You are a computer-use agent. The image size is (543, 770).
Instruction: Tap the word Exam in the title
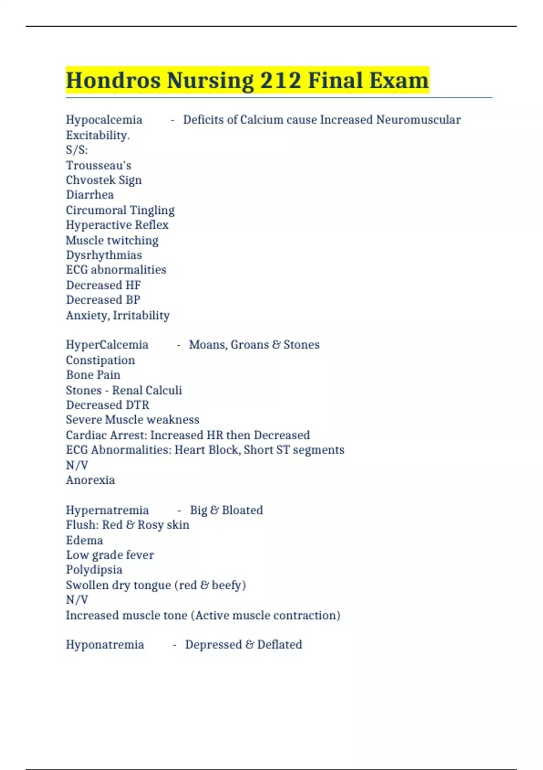[x=399, y=81]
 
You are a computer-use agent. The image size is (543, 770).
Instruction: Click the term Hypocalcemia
[x=104, y=120]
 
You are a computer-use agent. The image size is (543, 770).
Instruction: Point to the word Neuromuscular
[x=418, y=120]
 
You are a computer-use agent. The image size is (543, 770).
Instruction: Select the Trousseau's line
[x=99, y=165]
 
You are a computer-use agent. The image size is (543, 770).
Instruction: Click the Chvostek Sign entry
[x=104, y=180]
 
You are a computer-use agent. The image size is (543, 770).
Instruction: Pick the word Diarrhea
[x=90, y=195]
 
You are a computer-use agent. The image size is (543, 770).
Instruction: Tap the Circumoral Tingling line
[x=120, y=210]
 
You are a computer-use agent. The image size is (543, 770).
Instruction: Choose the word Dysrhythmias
[x=104, y=255]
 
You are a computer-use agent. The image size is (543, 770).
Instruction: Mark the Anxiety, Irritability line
[x=118, y=315]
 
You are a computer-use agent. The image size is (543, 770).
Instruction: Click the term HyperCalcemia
[x=107, y=345]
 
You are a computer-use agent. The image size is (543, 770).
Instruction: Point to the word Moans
[x=206, y=345]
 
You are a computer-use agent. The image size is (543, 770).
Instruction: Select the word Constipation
[x=100, y=360]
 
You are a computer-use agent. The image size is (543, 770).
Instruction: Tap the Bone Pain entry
[x=93, y=375]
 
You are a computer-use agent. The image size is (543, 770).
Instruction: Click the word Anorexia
[x=90, y=480]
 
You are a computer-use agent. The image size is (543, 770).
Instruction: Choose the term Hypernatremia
[x=107, y=510]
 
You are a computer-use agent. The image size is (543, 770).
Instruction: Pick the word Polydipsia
[x=94, y=570]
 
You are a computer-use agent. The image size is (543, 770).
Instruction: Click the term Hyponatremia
[x=105, y=645]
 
